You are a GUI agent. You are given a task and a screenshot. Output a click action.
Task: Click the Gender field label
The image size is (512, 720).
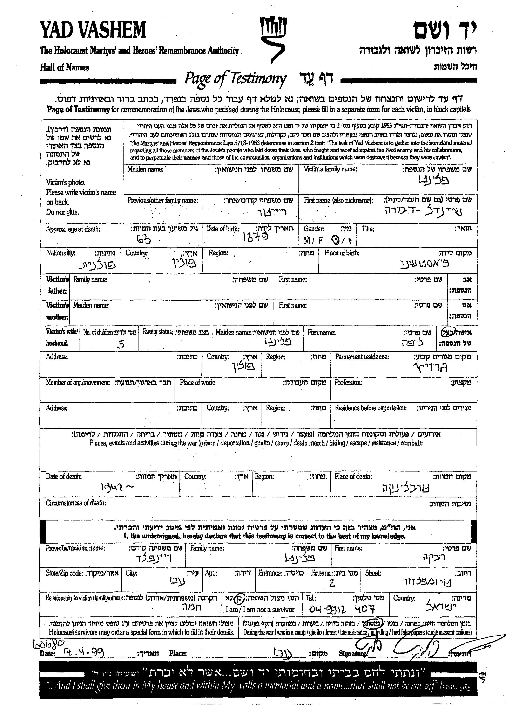tap(314, 229)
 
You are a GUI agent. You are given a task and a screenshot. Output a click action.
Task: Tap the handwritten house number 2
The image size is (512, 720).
tap(332, 584)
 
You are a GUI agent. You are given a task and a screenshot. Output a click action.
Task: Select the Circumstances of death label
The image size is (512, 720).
tap(76, 503)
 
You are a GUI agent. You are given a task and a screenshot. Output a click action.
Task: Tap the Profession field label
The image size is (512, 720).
tap(348, 383)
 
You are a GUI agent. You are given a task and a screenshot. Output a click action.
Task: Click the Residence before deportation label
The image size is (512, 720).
tap(370, 408)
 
